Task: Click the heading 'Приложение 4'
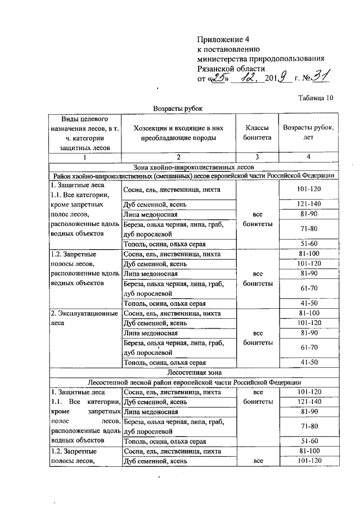point(223,39)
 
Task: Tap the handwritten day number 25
point(217,76)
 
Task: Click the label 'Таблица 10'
point(316,97)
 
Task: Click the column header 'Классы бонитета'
point(257,133)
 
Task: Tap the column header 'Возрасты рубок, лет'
point(308,133)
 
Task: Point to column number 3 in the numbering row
point(257,157)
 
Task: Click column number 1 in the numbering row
point(85,157)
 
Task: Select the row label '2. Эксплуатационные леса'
point(84,318)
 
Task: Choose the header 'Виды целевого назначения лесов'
point(84,133)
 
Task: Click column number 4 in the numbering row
point(308,157)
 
